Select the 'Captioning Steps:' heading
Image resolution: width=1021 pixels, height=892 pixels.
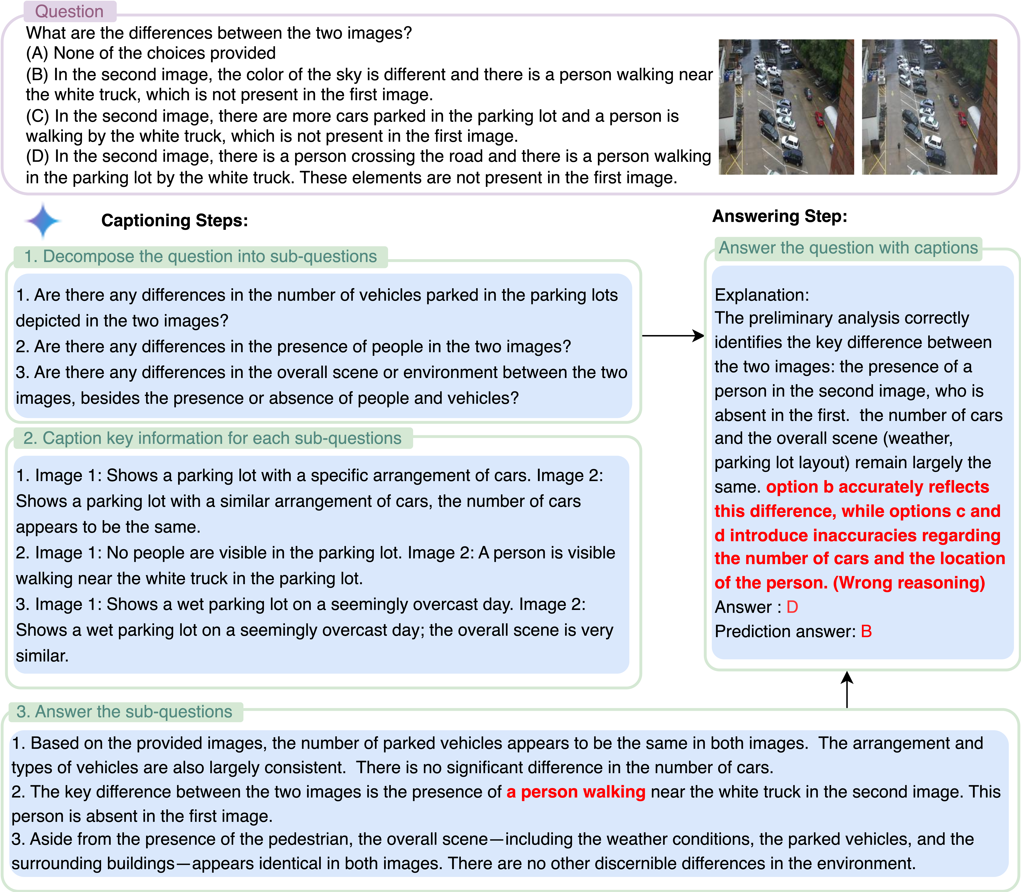click(174, 220)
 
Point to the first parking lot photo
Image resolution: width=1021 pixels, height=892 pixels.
click(786, 107)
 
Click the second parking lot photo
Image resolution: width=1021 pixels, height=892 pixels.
click(929, 107)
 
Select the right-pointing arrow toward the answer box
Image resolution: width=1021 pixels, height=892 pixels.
click(673, 336)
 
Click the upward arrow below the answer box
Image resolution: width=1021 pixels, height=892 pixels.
click(847, 689)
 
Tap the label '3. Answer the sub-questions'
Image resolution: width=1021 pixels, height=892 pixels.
click(124, 712)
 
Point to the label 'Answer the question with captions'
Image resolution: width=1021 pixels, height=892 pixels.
click(848, 248)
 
